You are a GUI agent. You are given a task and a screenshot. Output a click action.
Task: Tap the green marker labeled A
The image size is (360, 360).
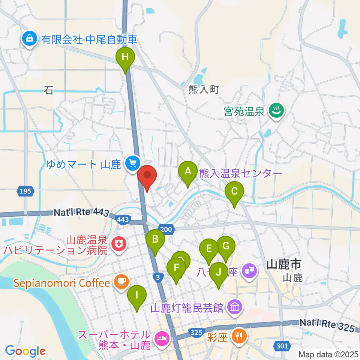188,172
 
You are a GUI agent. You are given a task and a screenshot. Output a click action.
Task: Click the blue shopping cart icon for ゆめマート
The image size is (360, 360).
132,163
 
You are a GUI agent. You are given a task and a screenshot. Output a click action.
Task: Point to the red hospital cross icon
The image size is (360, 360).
119,244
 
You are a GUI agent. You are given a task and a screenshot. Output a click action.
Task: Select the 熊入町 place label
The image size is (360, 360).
204,90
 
